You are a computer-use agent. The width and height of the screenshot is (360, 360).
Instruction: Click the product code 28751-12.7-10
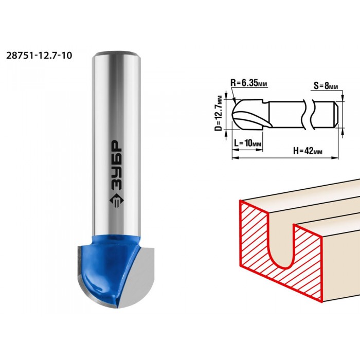39,56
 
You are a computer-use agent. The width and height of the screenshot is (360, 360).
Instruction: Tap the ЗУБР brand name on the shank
117,165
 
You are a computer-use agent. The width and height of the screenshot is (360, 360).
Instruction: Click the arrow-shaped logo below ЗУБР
117,200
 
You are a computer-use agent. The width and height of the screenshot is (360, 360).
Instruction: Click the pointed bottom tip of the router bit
116,307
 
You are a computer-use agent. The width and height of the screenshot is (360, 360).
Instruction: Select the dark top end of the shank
117,53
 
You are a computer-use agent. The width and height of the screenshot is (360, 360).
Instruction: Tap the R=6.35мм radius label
249,82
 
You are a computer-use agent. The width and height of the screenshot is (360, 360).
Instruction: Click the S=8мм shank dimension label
326,86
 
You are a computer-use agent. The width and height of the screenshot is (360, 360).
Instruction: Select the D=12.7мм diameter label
220,114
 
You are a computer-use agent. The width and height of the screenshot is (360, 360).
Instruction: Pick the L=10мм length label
248,143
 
